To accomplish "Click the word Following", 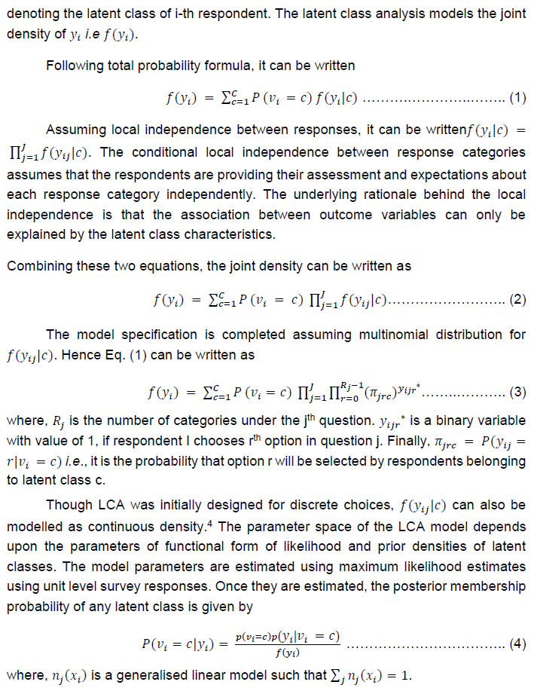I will coord(74,65).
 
